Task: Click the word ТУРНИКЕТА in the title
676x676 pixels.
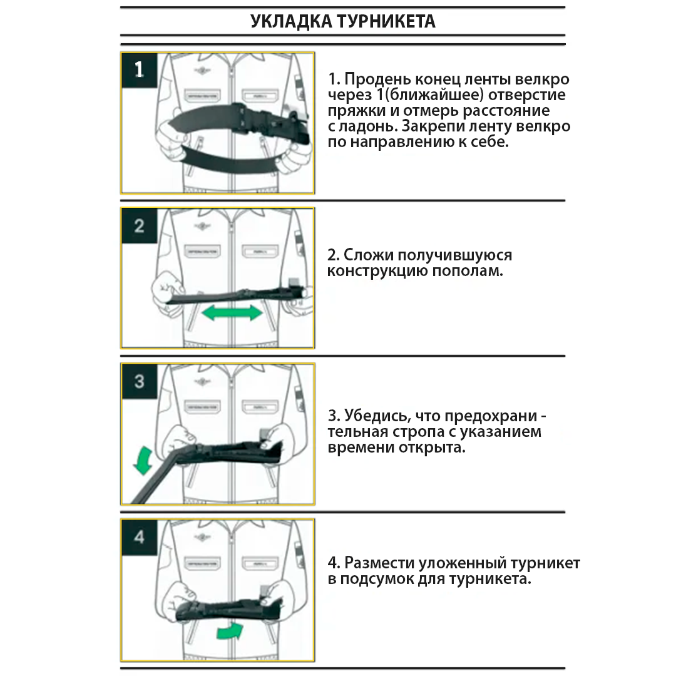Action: click(x=386, y=21)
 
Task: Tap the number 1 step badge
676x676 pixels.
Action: click(x=139, y=69)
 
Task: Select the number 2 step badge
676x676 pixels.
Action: click(x=139, y=225)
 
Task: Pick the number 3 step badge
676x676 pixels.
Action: click(x=139, y=381)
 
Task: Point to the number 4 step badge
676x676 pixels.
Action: click(x=139, y=536)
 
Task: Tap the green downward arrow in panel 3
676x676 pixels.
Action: click(x=143, y=461)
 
